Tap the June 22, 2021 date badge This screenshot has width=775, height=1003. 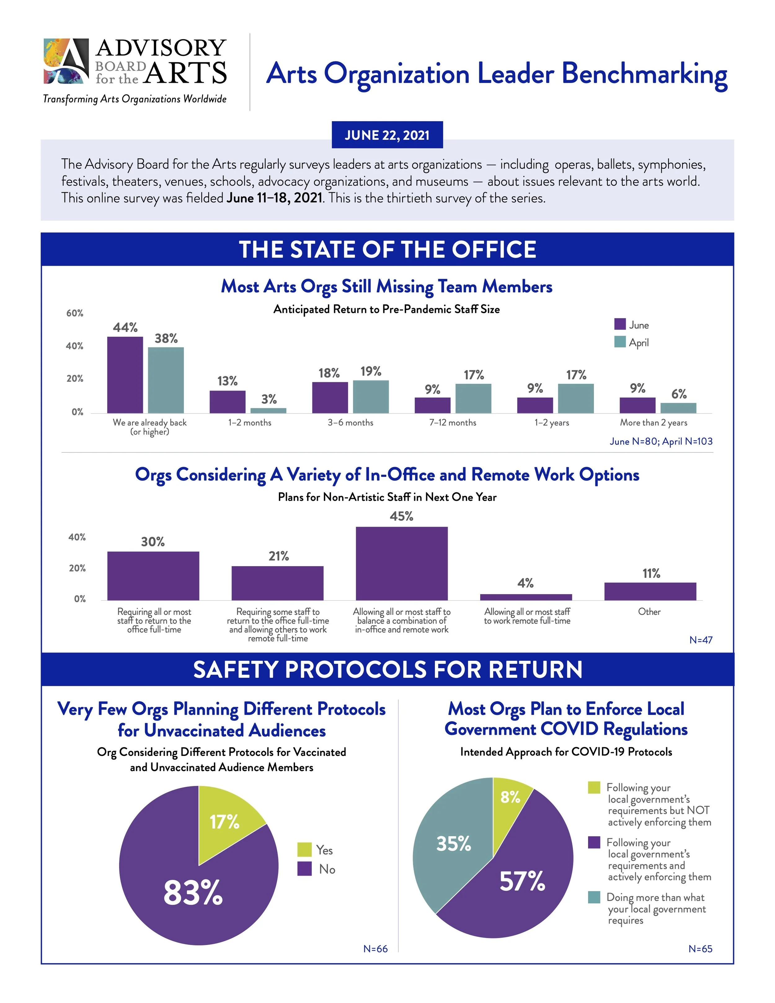point(387,135)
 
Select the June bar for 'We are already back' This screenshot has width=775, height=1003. point(125,375)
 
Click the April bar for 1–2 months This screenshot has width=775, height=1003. point(268,410)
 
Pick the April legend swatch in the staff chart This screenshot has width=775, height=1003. point(620,342)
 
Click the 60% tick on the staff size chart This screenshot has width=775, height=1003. point(75,313)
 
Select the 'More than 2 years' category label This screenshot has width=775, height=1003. point(653,423)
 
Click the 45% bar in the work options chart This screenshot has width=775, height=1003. point(402,563)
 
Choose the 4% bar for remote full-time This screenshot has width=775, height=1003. point(526,597)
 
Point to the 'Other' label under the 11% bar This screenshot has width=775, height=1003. point(649,612)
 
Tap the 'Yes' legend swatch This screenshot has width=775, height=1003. point(304,850)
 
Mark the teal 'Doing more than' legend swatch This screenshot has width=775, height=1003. point(594,897)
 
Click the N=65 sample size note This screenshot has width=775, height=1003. point(700,949)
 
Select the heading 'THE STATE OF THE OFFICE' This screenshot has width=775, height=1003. point(387,249)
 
